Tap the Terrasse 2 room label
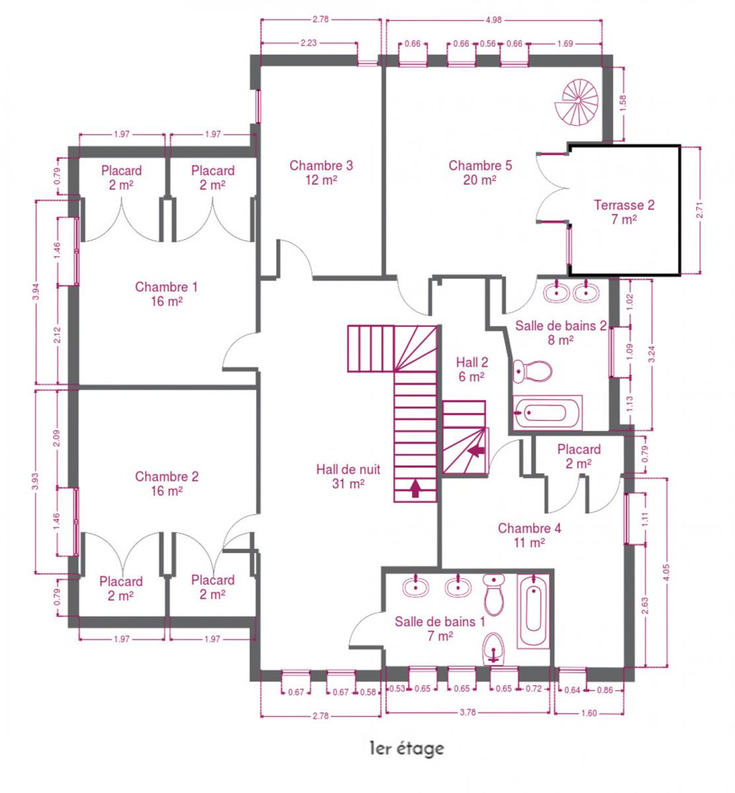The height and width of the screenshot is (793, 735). [x=623, y=211]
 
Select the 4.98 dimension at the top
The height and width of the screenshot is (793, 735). [x=493, y=20]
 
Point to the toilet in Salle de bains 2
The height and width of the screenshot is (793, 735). [x=532, y=371]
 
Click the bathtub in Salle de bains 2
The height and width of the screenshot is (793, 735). [x=547, y=413]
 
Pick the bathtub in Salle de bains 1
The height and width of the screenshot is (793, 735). [x=533, y=611]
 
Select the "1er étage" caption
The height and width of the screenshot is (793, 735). [x=407, y=748]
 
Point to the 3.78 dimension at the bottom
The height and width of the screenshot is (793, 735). [x=468, y=712]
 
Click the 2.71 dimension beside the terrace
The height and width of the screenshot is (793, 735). [x=699, y=210]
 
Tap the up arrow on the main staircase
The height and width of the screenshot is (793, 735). [x=415, y=488]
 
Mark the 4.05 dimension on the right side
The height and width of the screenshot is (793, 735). [x=667, y=572]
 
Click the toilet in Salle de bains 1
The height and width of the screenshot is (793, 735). [x=493, y=594]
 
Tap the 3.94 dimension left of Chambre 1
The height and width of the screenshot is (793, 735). [x=36, y=293]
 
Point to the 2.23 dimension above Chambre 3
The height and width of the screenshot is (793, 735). [x=308, y=43]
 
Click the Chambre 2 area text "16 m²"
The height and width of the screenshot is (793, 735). [x=166, y=490]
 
